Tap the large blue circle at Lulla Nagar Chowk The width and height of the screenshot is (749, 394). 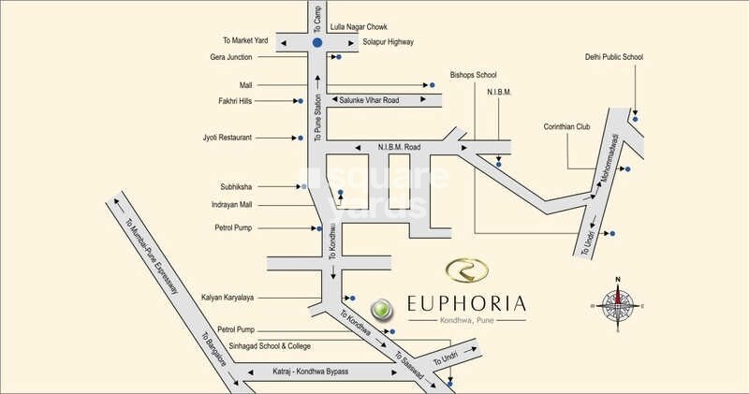coord(317,43)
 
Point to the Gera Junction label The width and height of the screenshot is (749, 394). coord(233,57)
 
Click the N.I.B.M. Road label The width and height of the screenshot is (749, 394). coord(399,147)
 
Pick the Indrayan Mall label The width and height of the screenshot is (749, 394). coord(233,205)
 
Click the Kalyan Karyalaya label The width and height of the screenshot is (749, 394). coord(228,298)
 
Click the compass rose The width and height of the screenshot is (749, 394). coord(617,303)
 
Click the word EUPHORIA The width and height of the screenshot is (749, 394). coord(466,303)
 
